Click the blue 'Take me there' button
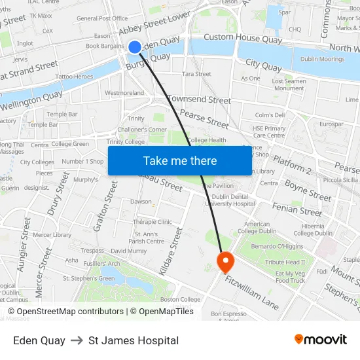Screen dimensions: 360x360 (x=180, y=161)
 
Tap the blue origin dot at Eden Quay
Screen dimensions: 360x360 (x=134, y=46)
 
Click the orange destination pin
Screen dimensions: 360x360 (x=225, y=262)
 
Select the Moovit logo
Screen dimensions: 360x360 (x=321, y=340)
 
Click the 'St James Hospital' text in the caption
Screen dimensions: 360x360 (x=134, y=340)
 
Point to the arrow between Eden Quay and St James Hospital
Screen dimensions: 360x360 (x=77, y=340)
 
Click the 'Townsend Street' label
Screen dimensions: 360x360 (x=199, y=100)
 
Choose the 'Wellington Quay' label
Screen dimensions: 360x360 (x=31, y=101)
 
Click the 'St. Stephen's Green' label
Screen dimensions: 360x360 (x=88, y=278)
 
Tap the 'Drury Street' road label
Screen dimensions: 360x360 (x=58, y=194)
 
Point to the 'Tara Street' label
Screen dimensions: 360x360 (x=196, y=74)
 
